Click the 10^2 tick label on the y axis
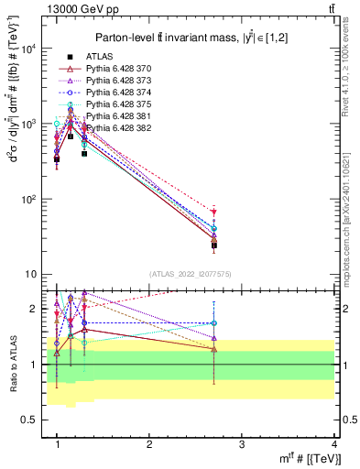(x=27, y=199)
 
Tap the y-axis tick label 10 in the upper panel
(x=30, y=274)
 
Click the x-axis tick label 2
(x=149, y=444)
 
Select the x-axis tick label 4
(x=333, y=444)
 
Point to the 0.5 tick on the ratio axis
(x=28, y=420)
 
